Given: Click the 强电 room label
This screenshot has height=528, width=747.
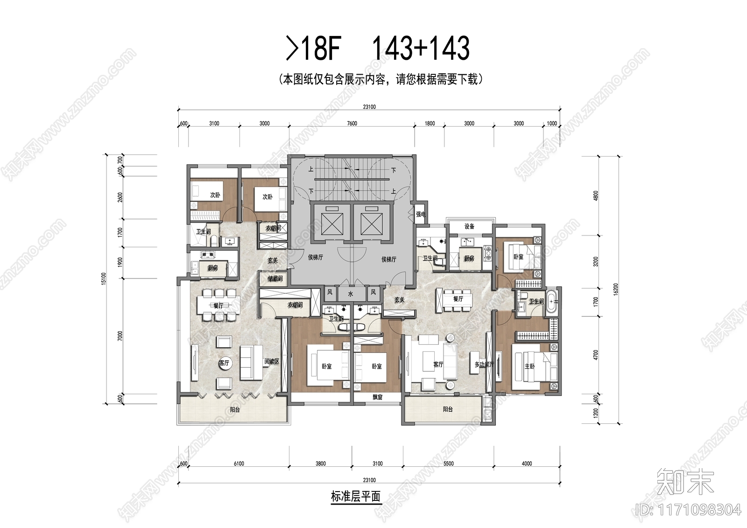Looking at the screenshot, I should click(x=421, y=214).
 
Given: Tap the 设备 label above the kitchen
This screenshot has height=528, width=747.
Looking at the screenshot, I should click(x=469, y=227).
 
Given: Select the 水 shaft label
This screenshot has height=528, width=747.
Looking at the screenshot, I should click(x=350, y=294).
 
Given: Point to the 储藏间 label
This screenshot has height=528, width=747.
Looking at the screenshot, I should click(x=275, y=279).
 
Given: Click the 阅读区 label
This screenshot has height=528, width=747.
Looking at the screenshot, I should click(x=272, y=361).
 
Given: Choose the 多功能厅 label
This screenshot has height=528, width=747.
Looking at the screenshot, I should click(x=484, y=364).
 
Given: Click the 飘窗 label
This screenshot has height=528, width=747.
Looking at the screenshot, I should click(x=377, y=397).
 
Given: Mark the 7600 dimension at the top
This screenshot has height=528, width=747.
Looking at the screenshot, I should click(x=352, y=124).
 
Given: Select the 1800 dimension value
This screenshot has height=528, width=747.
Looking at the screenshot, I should click(x=430, y=124).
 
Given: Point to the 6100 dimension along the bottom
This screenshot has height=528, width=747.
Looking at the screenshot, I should click(x=238, y=464).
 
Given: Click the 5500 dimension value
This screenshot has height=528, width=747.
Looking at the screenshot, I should click(x=448, y=464).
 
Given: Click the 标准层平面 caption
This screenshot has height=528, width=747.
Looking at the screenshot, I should click(x=356, y=496).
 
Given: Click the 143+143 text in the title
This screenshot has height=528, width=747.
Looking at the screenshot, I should click(x=420, y=49).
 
